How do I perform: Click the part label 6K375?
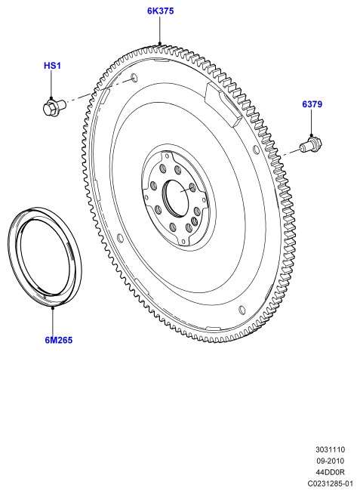tap(160, 11)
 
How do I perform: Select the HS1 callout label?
tap(52, 66)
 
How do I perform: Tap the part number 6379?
tap(312, 104)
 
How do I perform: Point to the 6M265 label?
tap(59, 340)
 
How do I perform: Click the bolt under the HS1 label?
tap(54, 107)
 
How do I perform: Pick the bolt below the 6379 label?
tap(310, 145)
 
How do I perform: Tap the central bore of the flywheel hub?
tap(175, 199)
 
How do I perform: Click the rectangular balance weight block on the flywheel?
tap(223, 104)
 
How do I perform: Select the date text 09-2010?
tap(330, 461)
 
